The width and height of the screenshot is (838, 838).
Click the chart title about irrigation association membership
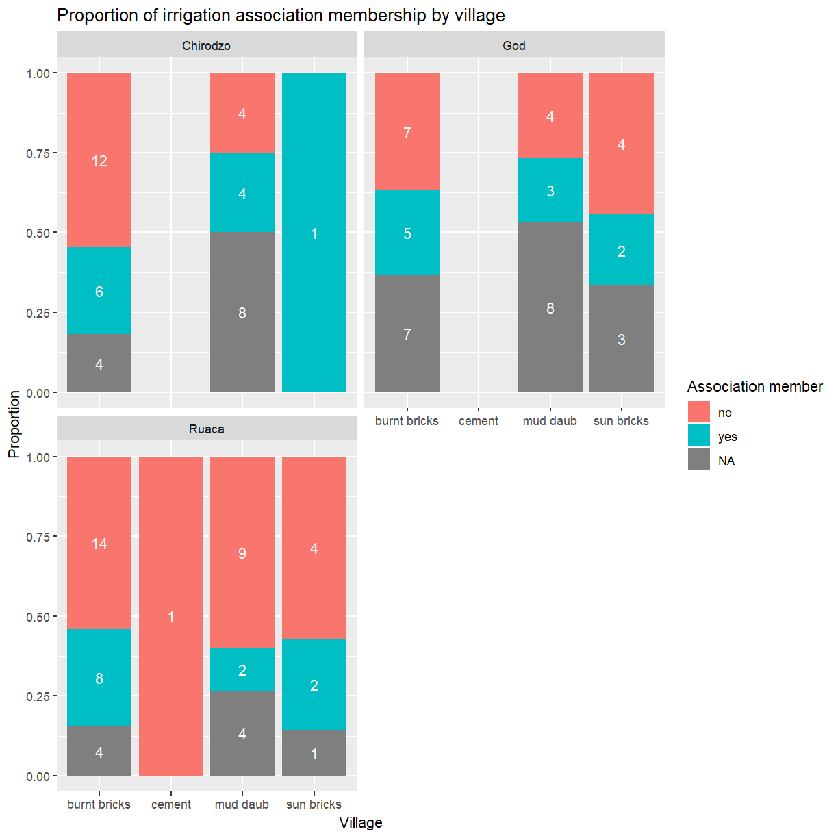pyautogui.click(x=281, y=15)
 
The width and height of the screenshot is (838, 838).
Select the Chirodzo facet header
pyautogui.click(x=206, y=46)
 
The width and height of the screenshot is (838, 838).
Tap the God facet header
pyautogui.click(x=513, y=46)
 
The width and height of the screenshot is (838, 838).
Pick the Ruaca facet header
pyautogui.click(x=206, y=429)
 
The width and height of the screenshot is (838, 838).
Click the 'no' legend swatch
pyautogui.click(x=699, y=412)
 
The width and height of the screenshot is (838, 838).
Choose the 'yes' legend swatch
pyautogui.click(x=699, y=436)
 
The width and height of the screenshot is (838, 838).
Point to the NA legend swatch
pyautogui.click(x=699, y=460)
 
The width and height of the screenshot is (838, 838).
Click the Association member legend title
pyautogui.click(x=754, y=387)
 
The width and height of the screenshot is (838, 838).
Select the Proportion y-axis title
pyautogui.click(x=14, y=424)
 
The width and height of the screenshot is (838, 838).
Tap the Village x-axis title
pyautogui.click(x=360, y=823)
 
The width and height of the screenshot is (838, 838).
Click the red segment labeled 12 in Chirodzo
pyautogui.click(x=99, y=160)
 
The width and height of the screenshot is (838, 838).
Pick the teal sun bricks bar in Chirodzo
pyautogui.click(x=314, y=233)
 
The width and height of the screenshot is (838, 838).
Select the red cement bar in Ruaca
pyautogui.click(x=171, y=616)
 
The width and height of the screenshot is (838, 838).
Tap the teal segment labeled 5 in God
pyautogui.click(x=407, y=233)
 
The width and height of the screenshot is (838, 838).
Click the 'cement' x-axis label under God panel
pyautogui.click(x=479, y=421)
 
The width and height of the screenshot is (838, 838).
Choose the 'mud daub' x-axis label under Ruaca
pyautogui.click(x=242, y=804)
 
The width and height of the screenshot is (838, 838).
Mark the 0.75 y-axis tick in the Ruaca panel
pyautogui.click(x=38, y=537)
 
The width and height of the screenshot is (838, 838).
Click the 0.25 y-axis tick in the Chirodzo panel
pyautogui.click(x=38, y=314)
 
